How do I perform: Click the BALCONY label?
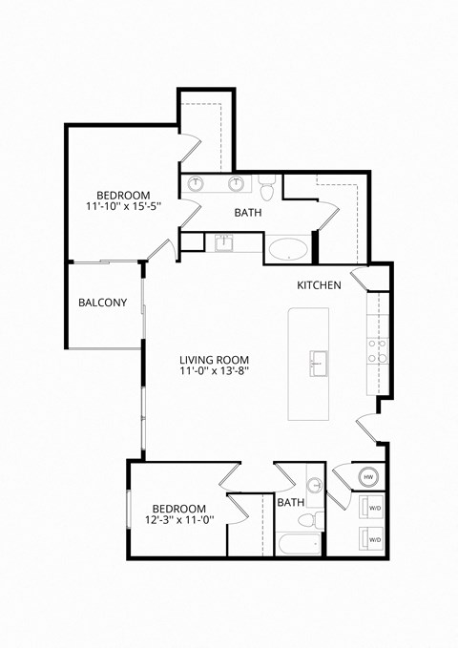point(102,303)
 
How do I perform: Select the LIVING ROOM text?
point(219,361)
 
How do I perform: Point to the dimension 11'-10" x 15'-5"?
point(122,205)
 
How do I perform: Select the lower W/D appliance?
point(368,539)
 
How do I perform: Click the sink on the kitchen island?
point(318,363)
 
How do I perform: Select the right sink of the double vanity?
point(236,184)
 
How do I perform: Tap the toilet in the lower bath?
point(306,520)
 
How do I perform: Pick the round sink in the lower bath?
point(314,482)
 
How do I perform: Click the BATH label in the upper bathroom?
point(249,213)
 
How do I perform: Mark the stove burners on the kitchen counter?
point(378,348)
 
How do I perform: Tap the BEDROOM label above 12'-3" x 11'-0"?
point(177,508)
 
